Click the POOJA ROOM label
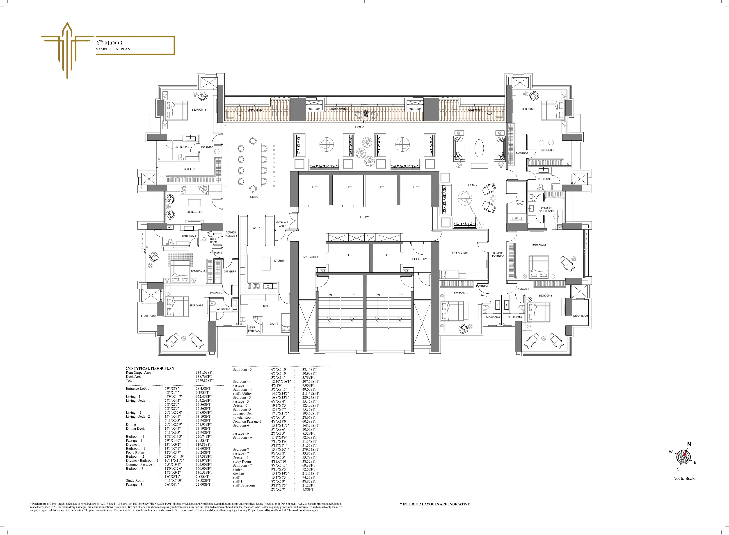520,203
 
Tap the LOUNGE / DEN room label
194,212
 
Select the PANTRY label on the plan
256,228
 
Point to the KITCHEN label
279,261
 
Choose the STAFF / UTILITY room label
460,252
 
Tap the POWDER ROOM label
213,241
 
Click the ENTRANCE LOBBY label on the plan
282,224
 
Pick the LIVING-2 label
473,185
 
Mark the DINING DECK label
255,110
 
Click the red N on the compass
689,444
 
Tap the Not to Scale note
684,478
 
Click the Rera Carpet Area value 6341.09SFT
205,373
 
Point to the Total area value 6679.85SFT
205,380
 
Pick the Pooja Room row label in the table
135,452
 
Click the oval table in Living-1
479,148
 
